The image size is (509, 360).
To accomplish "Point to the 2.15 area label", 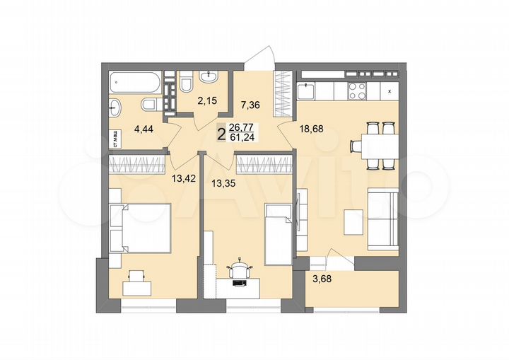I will pyautogui.click(x=206, y=101).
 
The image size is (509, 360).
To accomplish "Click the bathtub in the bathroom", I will pyautogui.click(x=136, y=82).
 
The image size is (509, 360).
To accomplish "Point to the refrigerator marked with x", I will pyautogui.click(x=389, y=91).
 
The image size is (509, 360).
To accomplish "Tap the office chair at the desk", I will pyautogui.click(x=240, y=269).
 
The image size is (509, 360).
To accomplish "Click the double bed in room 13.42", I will pyautogui.click(x=144, y=227).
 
